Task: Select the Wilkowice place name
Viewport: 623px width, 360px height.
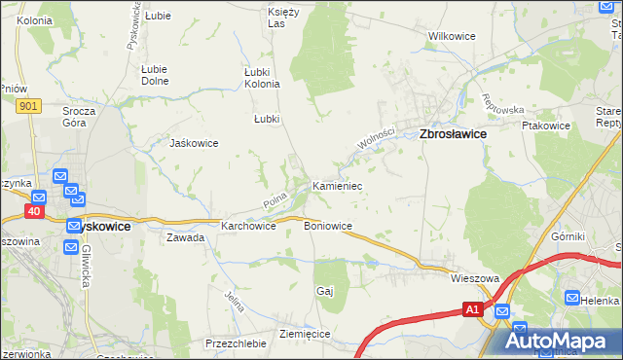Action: [x=452, y=36]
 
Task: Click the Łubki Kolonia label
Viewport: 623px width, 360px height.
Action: [x=261, y=78]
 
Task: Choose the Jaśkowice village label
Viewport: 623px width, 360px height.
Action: [x=194, y=143]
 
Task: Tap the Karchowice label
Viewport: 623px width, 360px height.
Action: [x=249, y=226]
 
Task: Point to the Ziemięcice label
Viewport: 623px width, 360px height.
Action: [x=306, y=334]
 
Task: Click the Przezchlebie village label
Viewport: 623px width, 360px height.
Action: [x=236, y=343]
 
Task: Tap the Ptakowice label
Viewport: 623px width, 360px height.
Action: [x=545, y=126]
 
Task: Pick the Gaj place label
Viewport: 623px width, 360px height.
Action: [x=325, y=291]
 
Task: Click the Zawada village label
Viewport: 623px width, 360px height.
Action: [x=185, y=237]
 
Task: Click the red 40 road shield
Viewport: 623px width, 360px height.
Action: [x=36, y=209]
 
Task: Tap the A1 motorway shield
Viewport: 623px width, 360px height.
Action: [x=471, y=309]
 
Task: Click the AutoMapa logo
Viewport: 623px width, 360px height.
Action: [x=559, y=340]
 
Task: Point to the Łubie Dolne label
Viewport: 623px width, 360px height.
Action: [x=155, y=75]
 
